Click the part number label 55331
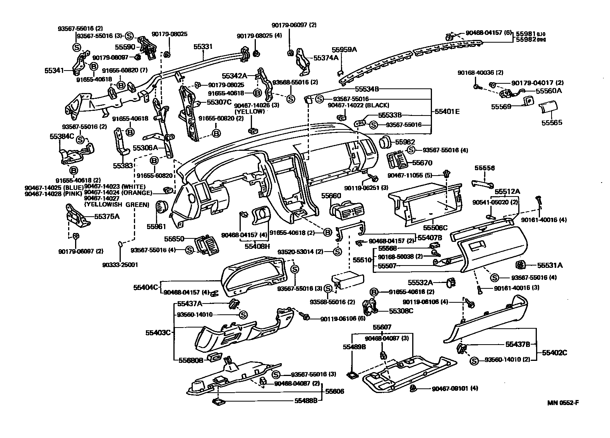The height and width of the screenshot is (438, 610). coord(203,47)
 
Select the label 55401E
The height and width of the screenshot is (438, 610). coord(447,111)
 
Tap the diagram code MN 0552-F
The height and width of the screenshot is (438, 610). coord(563,402)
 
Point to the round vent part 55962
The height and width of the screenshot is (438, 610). coord(385,143)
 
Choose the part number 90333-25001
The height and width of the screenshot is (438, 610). coord(120,265)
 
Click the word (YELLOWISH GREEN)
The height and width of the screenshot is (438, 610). coord(117,204)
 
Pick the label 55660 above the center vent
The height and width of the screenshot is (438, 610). coord(331,196)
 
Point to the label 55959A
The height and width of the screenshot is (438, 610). coord(344,50)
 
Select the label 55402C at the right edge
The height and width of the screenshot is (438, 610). coord(554,353)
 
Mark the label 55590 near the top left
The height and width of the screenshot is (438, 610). coord(125,47)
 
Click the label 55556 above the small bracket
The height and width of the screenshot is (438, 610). coord(485,168)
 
